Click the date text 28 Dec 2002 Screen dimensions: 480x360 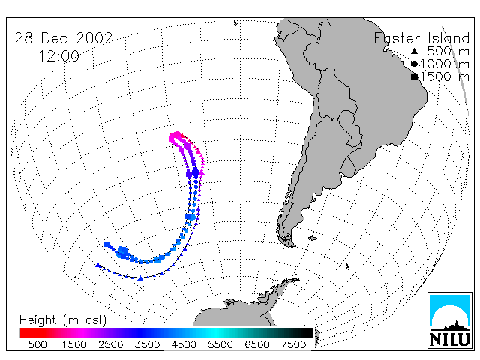64,38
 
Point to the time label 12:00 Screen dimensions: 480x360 59,56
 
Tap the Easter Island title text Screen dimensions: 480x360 421,38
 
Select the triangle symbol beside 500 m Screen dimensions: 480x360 414,52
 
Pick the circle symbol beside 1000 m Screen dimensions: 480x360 414,64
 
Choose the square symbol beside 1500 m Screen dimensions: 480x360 414,76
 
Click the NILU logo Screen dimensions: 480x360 450,320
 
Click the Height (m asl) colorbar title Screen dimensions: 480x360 63,320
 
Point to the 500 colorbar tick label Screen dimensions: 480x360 37,344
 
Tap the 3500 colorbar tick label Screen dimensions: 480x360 147,344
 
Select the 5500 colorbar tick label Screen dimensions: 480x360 220,344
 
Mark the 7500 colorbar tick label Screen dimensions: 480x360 293,344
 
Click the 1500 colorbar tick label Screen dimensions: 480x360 74,344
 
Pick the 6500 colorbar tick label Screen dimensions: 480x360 257,344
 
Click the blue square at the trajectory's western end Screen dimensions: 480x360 106,244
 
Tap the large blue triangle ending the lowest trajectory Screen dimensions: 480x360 97,265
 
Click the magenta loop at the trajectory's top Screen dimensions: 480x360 177,139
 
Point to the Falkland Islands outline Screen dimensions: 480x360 313,238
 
